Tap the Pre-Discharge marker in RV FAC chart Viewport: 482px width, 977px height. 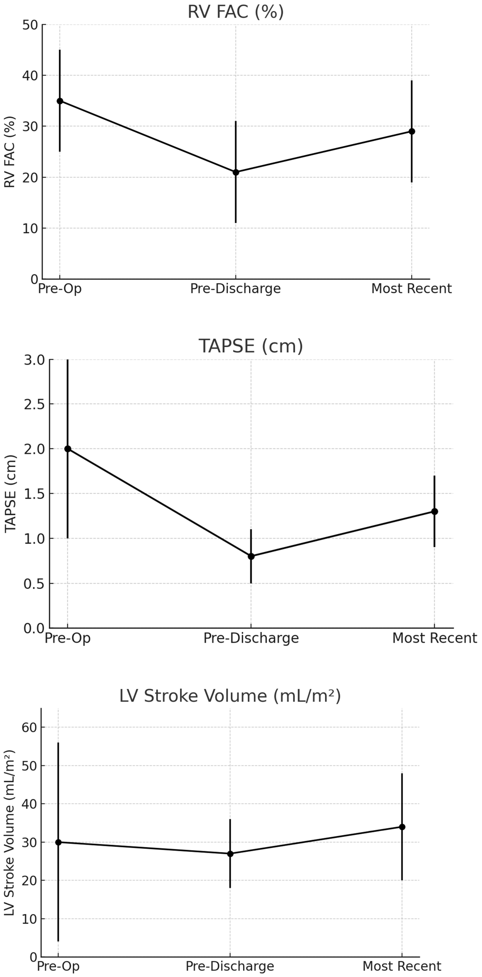(236, 172)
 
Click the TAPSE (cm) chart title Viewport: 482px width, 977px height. (251, 346)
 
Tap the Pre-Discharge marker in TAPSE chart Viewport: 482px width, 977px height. (251, 556)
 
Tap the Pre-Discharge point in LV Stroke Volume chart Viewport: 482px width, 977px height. (230, 854)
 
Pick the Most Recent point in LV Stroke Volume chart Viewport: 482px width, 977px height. (402, 827)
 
